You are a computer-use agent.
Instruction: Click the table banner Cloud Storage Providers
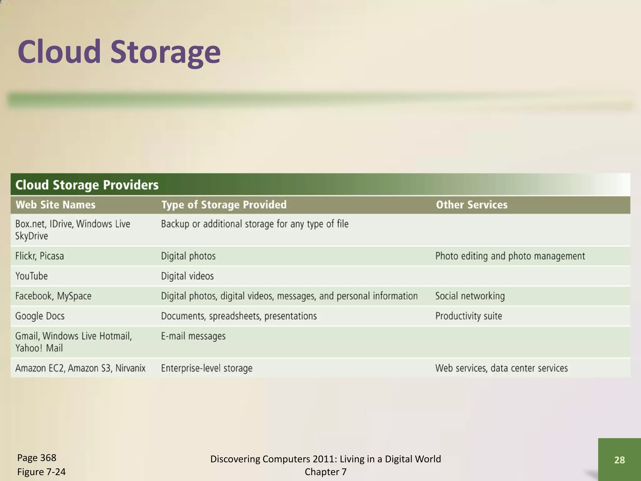click(x=87, y=185)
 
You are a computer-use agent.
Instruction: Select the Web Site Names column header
click(x=55, y=205)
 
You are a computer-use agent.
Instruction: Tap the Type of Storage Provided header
click(x=224, y=205)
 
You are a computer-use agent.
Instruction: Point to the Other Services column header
click(x=471, y=205)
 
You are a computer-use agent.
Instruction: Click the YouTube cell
click(x=32, y=276)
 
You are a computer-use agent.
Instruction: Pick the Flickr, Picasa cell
click(x=40, y=256)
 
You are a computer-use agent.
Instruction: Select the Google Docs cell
click(x=40, y=316)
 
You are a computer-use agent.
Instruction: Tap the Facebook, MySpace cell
click(x=54, y=296)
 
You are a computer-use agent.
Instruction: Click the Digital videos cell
click(x=187, y=276)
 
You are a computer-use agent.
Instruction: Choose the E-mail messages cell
click(x=193, y=336)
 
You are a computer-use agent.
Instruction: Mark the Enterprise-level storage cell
click(x=207, y=368)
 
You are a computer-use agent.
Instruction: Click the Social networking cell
click(x=470, y=296)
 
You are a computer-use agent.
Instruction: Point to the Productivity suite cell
click(x=469, y=316)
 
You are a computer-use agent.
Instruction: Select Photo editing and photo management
click(x=510, y=256)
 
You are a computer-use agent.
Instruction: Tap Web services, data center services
click(x=501, y=368)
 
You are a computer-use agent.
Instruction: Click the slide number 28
click(x=619, y=460)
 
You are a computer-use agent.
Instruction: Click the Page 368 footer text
click(x=37, y=458)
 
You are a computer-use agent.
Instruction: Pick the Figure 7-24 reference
click(x=41, y=472)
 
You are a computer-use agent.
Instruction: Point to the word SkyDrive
click(x=32, y=236)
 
